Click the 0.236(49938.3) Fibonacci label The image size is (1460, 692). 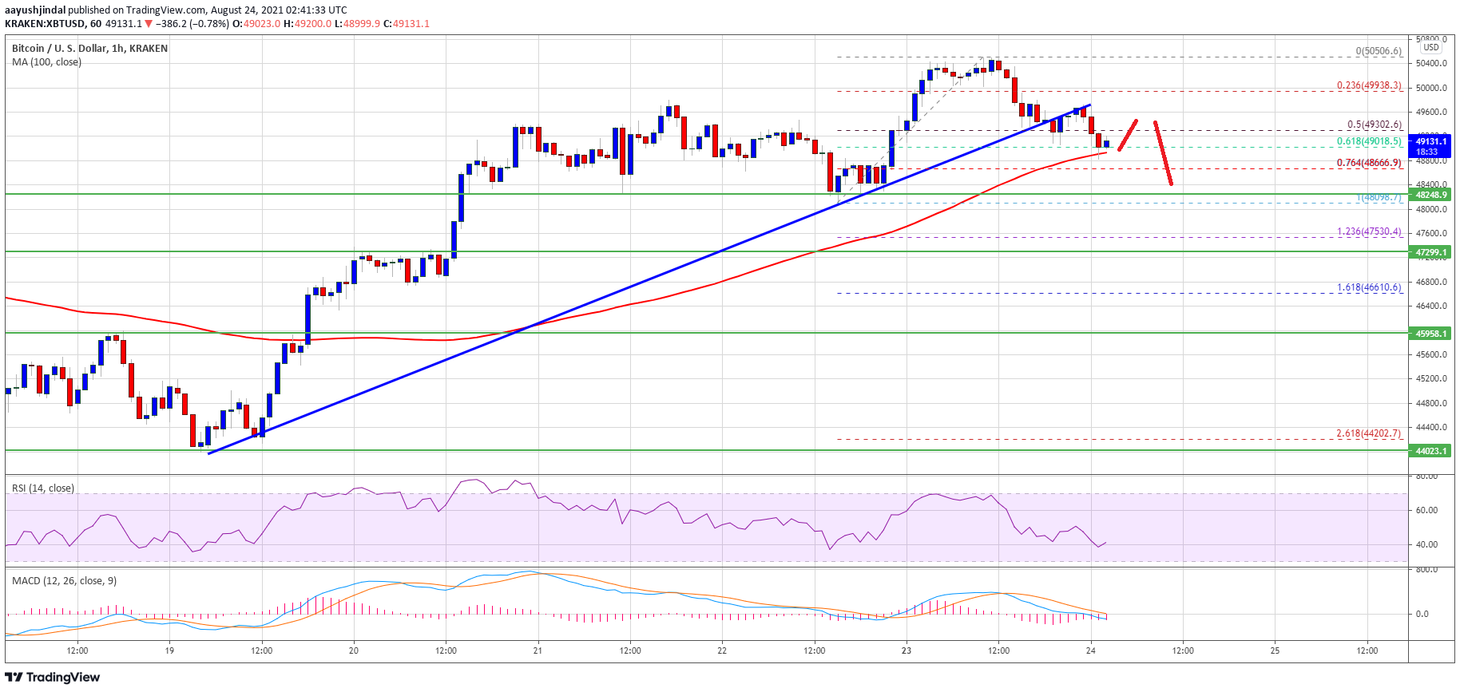point(1369,85)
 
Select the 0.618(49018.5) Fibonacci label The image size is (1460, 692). point(1369,141)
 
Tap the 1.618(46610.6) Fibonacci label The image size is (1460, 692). point(1369,287)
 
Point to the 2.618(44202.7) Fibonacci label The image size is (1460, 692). point(1368,433)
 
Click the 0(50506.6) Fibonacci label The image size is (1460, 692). point(1378,51)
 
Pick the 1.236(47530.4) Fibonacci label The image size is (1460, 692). point(1369,231)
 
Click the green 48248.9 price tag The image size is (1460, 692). point(1431,195)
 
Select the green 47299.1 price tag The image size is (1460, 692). point(1431,252)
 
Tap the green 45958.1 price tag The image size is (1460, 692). point(1431,334)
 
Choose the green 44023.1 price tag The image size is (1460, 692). point(1431,451)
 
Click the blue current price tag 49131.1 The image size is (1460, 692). point(1431,141)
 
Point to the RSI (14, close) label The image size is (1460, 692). point(43,488)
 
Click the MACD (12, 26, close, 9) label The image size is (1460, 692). point(65,580)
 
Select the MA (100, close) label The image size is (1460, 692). point(46,61)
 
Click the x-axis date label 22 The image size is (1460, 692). point(722,650)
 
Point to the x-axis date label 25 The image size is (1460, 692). point(1275,650)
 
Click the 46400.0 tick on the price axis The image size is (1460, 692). point(1431,306)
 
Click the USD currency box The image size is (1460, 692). point(1431,47)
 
